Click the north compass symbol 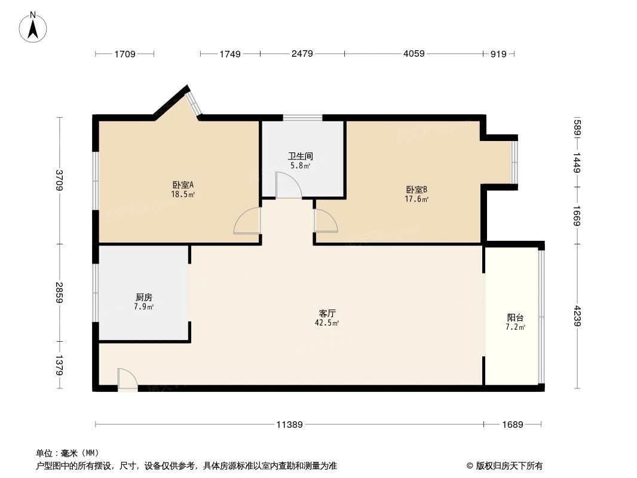tap(33, 27)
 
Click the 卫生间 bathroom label tap(301, 157)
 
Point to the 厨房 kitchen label tap(144, 297)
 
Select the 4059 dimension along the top tap(414, 54)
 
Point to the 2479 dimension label tap(302, 54)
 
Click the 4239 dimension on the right tap(577, 316)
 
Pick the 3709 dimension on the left tap(59, 180)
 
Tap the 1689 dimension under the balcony tap(512, 425)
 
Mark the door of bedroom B tap(325, 221)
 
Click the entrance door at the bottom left tap(127, 380)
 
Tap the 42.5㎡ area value tap(328, 323)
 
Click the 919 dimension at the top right tap(498, 54)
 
